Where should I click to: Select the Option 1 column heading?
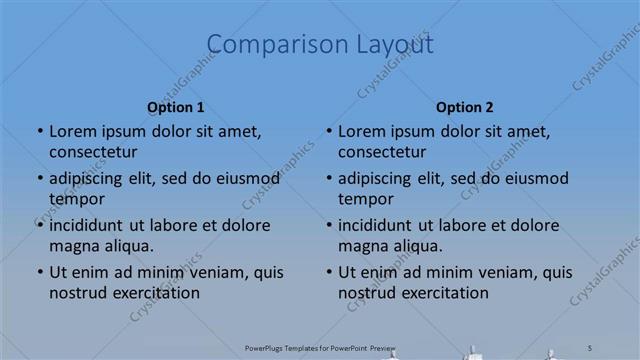point(176,107)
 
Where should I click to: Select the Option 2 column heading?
point(465,107)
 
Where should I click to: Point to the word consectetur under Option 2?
point(382,152)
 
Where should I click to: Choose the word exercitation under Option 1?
point(156,293)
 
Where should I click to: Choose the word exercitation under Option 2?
point(445,293)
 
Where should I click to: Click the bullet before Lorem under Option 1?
point(39,131)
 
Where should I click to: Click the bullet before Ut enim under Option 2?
point(328,272)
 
